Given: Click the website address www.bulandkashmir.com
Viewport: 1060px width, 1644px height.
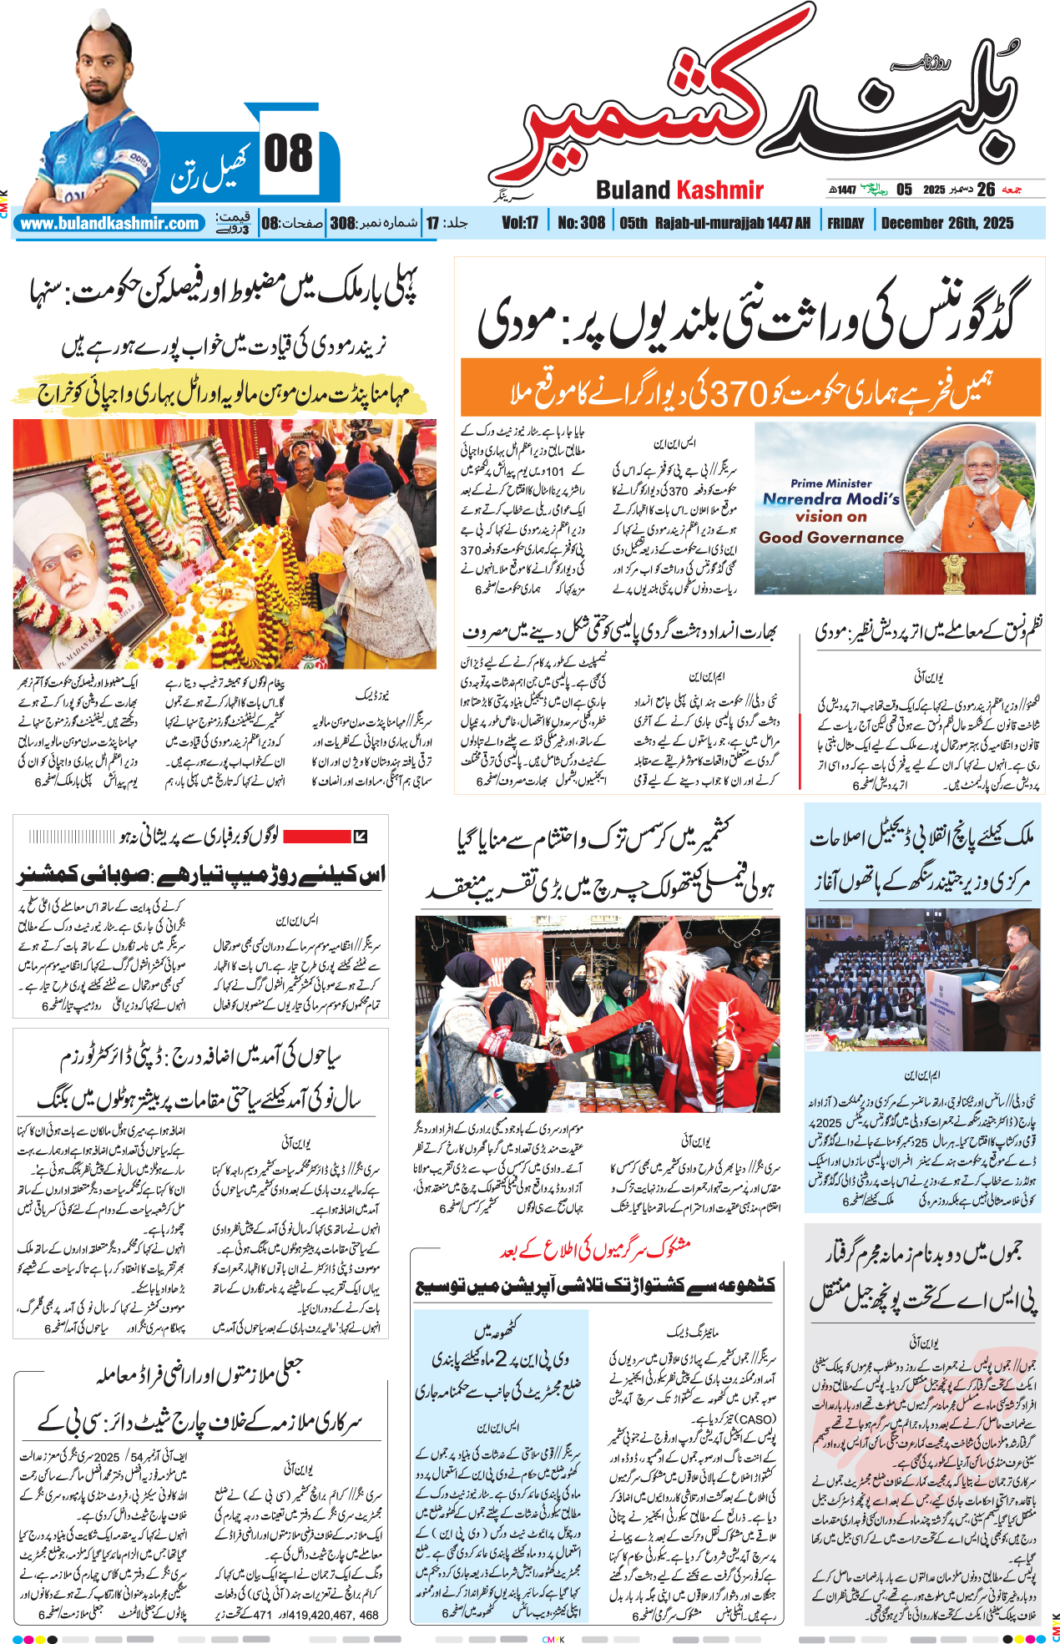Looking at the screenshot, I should click(110, 224).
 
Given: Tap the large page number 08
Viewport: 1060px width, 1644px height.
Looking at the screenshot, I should click(288, 154).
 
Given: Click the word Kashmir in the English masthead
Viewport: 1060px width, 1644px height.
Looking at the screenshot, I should click(719, 190).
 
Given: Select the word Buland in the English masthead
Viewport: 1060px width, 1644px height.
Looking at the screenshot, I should click(633, 190).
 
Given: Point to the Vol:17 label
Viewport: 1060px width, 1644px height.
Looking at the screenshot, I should click(519, 223).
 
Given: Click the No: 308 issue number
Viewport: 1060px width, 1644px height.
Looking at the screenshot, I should click(581, 223).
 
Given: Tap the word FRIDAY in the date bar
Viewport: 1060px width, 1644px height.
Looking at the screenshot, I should click(845, 223).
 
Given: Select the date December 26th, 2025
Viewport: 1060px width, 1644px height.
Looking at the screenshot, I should click(947, 223).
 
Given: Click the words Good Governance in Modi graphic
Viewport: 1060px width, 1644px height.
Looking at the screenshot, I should click(830, 538).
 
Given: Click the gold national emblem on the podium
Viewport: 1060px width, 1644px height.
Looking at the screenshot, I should click(953, 573).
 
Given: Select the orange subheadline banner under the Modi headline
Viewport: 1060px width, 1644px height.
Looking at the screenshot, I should click(750, 387).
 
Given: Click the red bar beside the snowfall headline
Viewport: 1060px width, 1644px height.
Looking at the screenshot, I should click(316, 836).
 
